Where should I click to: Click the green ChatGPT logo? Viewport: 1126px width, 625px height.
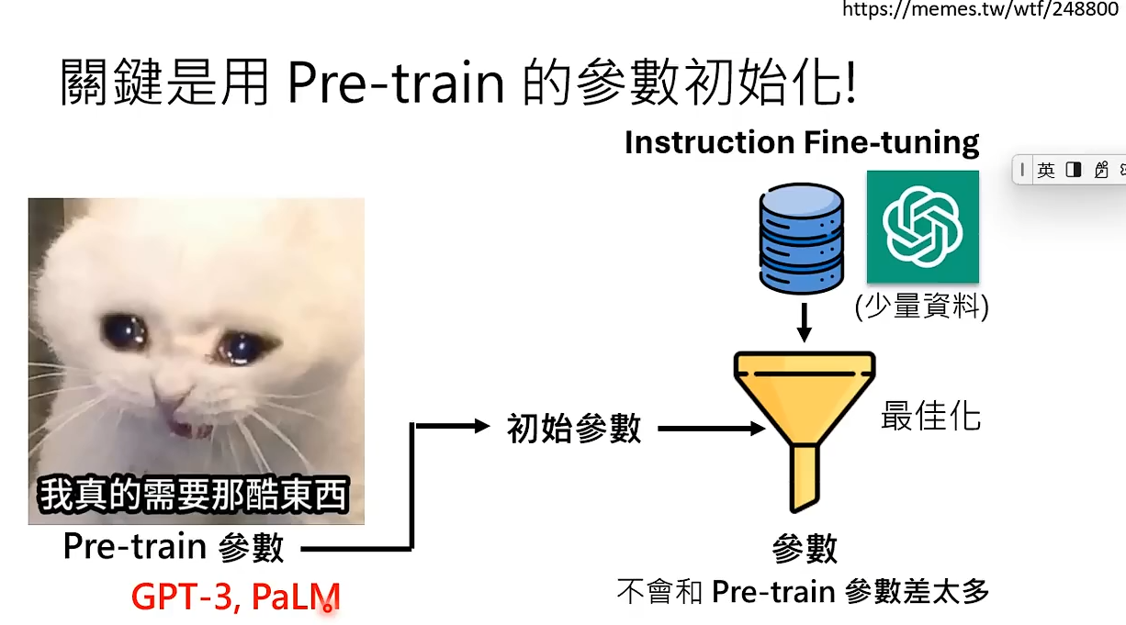[922, 227]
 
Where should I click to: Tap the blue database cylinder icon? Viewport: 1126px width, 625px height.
[801, 238]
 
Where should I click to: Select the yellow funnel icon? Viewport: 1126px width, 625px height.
[805, 431]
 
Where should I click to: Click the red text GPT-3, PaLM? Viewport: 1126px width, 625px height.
[235, 597]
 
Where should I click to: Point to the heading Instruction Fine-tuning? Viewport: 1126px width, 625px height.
[802, 142]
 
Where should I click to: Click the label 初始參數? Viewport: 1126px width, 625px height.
[574, 429]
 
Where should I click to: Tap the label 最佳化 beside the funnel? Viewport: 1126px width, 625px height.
[930, 416]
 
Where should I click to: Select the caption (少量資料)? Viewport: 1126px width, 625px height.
[922, 306]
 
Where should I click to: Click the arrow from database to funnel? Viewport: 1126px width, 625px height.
[804, 322]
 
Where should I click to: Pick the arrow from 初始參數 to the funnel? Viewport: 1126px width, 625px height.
[711, 429]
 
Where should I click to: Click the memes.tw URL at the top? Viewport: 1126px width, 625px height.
[980, 8]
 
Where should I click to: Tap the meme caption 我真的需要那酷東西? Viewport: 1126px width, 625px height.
[193, 495]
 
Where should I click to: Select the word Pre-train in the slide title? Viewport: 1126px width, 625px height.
[396, 82]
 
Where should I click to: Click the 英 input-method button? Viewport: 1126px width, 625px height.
[1045, 171]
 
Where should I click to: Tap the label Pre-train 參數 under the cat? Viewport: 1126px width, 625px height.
[174, 547]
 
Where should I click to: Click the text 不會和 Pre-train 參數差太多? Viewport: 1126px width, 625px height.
[803, 591]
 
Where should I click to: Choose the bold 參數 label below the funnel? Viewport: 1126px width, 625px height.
[805, 549]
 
